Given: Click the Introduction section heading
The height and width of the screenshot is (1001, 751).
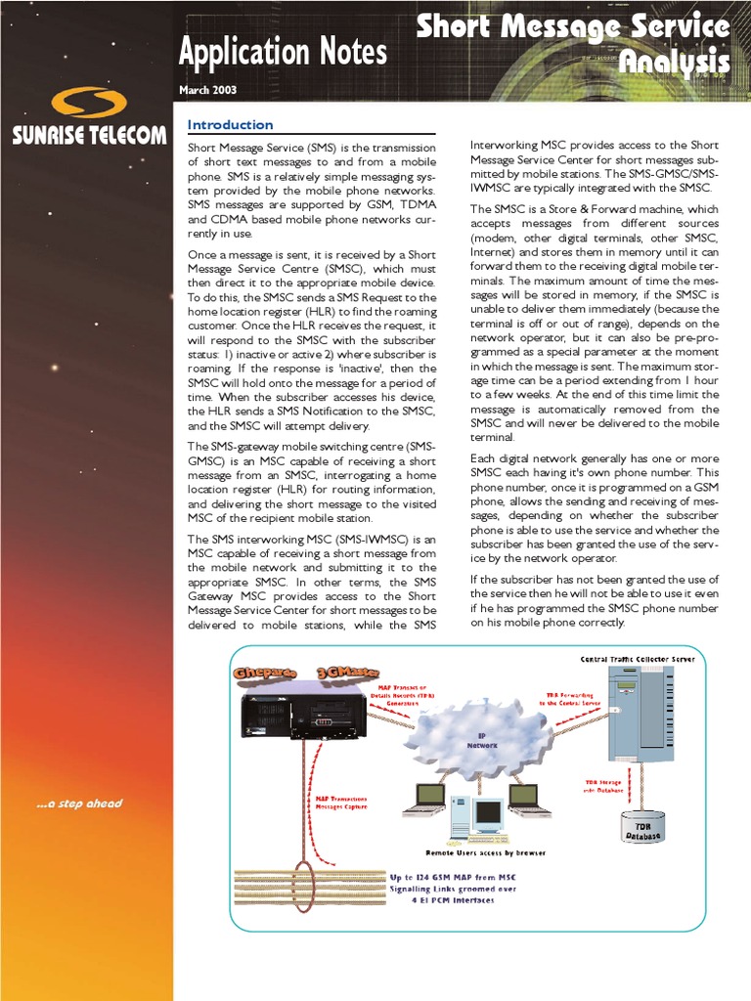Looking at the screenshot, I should coord(230,125).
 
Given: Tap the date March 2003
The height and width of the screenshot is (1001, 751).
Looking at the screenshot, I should coord(207,90).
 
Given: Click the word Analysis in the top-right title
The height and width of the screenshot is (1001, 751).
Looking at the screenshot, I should coord(675,64).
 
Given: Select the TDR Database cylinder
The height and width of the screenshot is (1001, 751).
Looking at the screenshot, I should coord(643,826).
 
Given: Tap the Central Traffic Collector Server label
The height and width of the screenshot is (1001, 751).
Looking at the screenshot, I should coord(638,660).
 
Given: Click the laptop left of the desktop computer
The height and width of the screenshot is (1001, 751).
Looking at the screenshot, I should coord(424,799).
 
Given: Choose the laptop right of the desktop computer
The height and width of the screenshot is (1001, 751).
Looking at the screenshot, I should coord(528,799).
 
